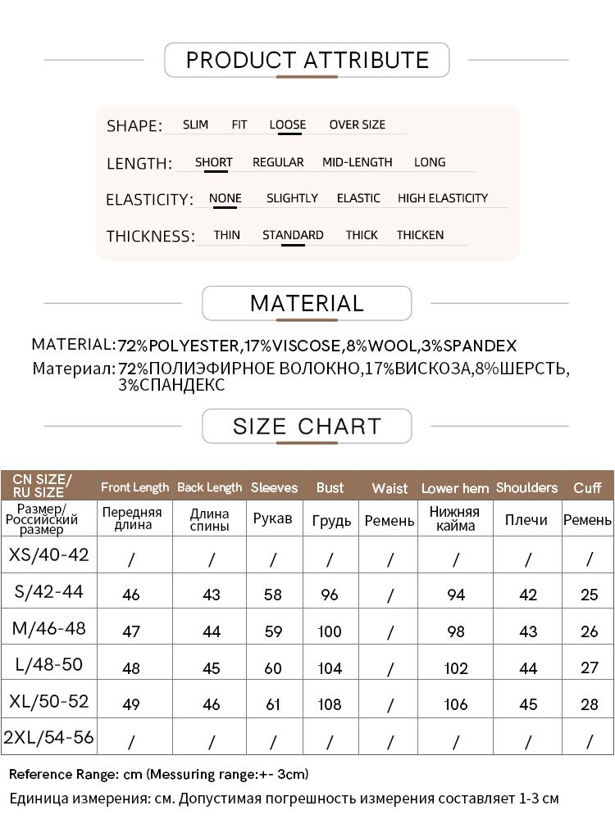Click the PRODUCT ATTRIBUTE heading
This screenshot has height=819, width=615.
(307, 60)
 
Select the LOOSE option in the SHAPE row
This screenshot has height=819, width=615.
(287, 125)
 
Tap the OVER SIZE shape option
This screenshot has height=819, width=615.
(357, 125)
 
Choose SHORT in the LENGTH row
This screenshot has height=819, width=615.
(213, 162)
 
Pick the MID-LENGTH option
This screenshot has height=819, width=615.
(357, 162)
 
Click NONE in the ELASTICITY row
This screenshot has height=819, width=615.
(225, 198)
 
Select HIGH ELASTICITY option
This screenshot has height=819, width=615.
(442, 198)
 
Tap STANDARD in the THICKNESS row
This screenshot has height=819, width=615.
(293, 235)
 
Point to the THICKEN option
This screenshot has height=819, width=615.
(420, 235)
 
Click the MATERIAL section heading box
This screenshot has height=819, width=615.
(307, 303)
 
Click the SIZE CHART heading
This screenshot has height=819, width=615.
(307, 427)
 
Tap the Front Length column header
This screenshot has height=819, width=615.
(134, 487)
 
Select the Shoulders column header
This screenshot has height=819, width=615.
(526, 487)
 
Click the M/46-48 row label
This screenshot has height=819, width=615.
(49, 629)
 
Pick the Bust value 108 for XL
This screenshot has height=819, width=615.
(330, 704)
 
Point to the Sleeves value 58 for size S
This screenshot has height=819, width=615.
(273, 595)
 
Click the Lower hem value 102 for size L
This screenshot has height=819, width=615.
(456, 668)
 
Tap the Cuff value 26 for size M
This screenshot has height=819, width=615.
(589, 631)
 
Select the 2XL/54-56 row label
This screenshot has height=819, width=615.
(49, 738)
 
